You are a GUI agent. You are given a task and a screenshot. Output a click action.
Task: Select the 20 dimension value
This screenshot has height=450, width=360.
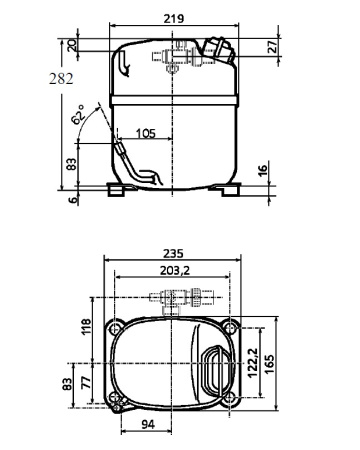click(72, 46)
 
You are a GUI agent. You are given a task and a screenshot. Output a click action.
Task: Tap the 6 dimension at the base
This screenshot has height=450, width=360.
click(72, 199)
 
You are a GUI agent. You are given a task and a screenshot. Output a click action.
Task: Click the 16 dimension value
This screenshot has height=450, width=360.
click(262, 171)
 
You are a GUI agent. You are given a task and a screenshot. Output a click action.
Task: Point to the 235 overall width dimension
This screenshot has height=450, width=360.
click(171, 254)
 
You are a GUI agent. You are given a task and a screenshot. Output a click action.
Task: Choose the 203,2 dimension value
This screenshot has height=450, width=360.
click(171, 269)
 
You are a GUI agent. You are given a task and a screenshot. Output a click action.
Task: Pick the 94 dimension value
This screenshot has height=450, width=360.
click(147, 425)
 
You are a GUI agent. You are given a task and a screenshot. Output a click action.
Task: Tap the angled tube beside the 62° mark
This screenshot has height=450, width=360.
click(124, 156)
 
